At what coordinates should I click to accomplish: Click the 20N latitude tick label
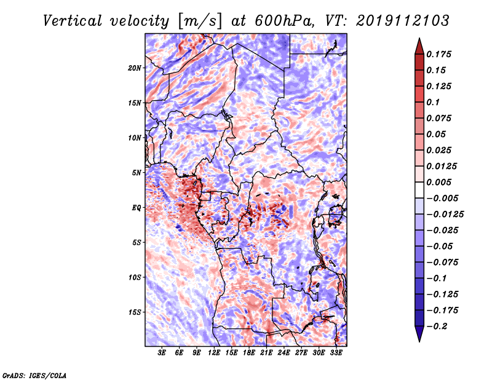click(135, 68)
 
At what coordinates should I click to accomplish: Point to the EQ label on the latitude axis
click(137, 208)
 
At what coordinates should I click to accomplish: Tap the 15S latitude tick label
click(135, 312)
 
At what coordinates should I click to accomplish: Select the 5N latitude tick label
click(137, 173)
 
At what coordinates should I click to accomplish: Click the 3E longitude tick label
click(162, 353)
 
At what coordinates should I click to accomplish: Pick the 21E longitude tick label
click(266, 353)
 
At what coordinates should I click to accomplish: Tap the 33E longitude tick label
click(336, 353)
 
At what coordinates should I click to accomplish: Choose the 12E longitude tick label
click(214, 353)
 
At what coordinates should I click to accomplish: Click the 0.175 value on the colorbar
click(438, 54)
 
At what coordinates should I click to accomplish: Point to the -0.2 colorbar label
click(437, 327)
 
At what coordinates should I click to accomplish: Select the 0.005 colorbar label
click(438, 182)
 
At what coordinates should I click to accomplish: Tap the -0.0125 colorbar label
click(445, 215)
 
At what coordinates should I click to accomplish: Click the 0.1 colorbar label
click(433, 102)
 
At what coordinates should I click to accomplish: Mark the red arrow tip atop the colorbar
click(419, 38)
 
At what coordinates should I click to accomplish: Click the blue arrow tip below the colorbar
click(419, 341)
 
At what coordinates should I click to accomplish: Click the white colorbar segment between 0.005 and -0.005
click(419, 190)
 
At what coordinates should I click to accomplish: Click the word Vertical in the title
click(72, 21)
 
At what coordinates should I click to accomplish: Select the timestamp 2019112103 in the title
click(403, 21)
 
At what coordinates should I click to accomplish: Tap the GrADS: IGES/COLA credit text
click(34, 376)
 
